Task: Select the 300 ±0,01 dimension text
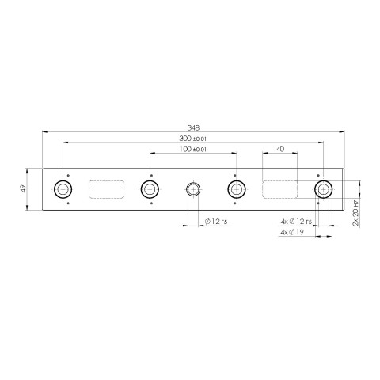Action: (192, 139)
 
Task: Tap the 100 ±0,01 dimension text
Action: (192, 149)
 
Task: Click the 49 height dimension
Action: (25, 188)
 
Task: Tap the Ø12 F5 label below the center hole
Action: (215, 222)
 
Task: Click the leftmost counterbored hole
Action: (63, 189)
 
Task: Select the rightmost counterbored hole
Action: (323, 189)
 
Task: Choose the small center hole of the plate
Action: (192, 189)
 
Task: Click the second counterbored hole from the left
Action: (149, 189)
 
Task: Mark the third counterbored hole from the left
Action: (236, 189)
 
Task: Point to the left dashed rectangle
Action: (106, 189)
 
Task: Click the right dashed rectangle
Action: (279, 189)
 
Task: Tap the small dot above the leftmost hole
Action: (69, 174)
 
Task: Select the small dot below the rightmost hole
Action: (317, 204)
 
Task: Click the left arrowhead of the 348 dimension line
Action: (44, 131)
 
